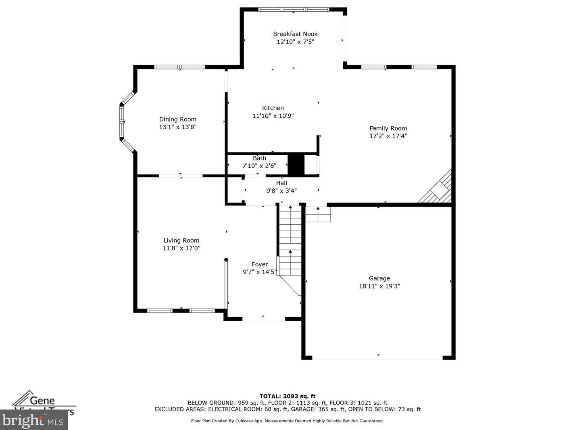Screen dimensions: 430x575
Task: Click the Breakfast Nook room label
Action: click(295, 34)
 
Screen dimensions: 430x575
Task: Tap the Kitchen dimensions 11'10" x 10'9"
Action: click(273, 116)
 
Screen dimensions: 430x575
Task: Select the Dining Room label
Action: click(177, 119)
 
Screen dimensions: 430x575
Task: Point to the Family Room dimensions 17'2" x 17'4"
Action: click(388, 136)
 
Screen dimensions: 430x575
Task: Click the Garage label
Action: click(379, 278)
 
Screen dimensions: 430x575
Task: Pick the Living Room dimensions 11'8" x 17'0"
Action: click(181, 248)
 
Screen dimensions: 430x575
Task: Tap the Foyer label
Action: click(260, 265)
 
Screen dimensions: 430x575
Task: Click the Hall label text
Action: click(281, 183)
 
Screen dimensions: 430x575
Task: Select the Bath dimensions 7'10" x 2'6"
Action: click(259, 166)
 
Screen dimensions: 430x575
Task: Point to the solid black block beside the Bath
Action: click(296, 165)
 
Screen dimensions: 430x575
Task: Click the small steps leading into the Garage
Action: click(318, 214)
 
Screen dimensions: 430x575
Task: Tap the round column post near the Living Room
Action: click(226, 260)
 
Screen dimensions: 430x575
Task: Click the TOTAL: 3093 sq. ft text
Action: click(287, 397)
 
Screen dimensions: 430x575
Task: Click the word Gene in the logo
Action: click(42, 401)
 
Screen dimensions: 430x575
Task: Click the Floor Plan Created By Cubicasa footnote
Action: click(287, 421)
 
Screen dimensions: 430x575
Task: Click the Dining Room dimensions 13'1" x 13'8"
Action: click(177, 127)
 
